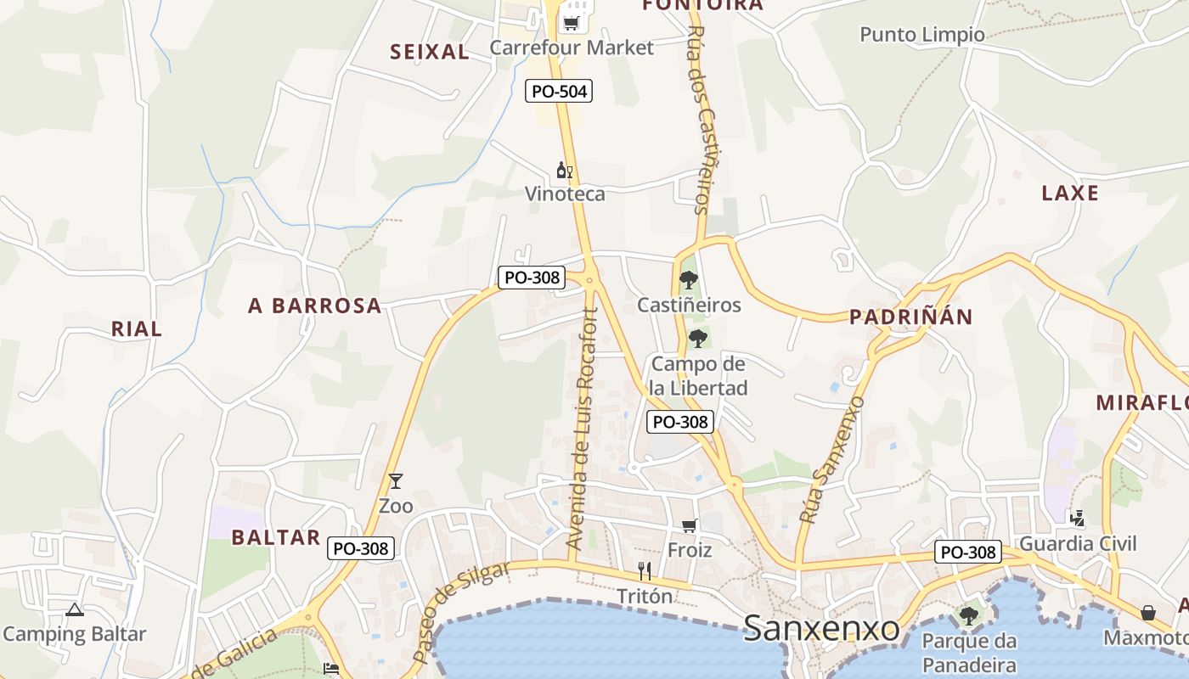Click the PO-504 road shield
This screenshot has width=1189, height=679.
[x=558, y=91]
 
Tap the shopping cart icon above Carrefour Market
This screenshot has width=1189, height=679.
[x=572, y=22]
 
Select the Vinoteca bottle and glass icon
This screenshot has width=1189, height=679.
[x=565, y=171]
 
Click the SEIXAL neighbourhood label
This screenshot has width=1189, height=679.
[x=429, y=52]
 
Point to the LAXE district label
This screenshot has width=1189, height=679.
[x=1070, y=194]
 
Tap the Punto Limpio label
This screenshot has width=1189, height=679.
[x=922, y=35]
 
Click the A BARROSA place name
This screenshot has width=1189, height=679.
[x=315, y=306]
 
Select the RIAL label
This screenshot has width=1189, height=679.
[x=136, y=329]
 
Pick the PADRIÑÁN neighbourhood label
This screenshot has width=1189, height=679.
[x=911, y=317]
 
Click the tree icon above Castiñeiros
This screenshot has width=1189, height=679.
[x=689, y=279]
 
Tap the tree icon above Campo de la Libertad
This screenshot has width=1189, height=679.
[x=698, y=339]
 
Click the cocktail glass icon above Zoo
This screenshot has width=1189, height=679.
[x=395, y=481]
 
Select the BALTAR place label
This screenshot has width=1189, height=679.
[x=276, y=537]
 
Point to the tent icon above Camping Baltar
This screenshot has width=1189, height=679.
[x=75, y=609]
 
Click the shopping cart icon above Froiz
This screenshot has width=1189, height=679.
[x=690, y=525]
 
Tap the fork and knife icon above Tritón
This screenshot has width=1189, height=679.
[x=645, y=571]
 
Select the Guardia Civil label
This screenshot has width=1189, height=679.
[x=1078, y=543]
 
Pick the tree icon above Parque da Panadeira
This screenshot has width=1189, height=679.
[x=969, y=615]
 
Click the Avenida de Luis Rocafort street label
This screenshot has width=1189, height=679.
[x=583, y=429]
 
